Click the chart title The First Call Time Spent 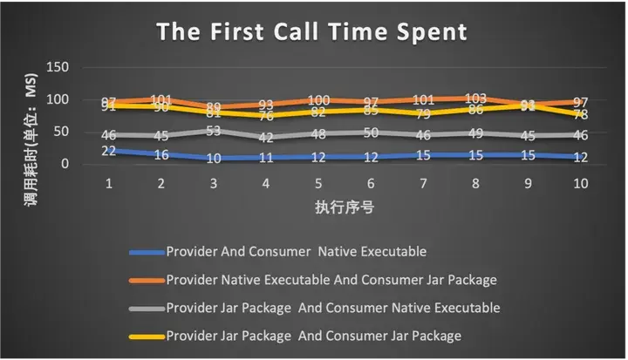(311, 32)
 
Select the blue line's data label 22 (110, 150)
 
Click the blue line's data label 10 (213, 158)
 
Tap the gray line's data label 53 (213, 131)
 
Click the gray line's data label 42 (265, 138)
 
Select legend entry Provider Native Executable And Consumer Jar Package (332, 280)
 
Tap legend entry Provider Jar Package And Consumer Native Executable (332, 307)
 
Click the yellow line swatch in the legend (145, 336)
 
